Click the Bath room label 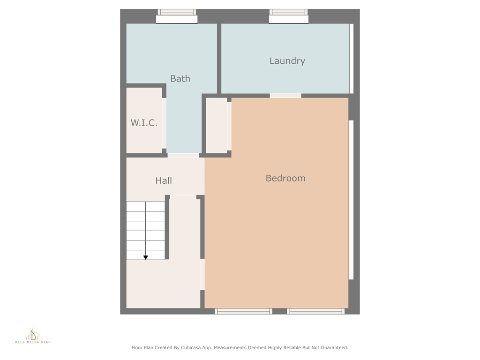(180, 79)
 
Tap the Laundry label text (287, 61)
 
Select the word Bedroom (285, 178)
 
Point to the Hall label (164, 180)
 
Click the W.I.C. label (144, 123)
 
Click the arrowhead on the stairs (146, 257)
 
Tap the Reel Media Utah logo (33, 336)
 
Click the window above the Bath (177, 16)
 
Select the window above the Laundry (289, 16)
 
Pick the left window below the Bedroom (243, 311)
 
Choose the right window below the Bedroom (315, 311)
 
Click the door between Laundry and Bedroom (285, 96)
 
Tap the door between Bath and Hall (183, 156)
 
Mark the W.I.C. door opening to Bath (164, 123)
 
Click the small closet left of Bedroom (217, 126)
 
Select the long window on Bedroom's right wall (352, 200)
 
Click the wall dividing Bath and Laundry (219, 59)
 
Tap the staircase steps (146, 231)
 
